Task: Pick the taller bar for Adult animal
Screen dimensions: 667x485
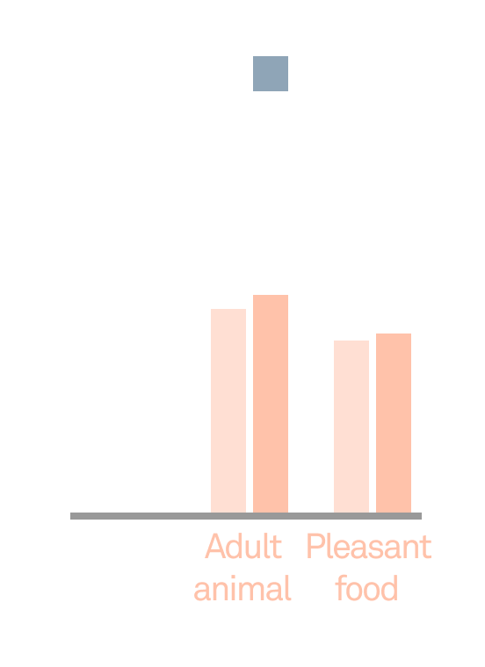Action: [271, 404]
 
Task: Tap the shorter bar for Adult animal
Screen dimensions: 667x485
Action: [228, 411]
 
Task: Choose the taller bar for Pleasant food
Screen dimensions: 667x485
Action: [394, 423]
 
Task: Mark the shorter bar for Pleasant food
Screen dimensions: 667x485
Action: [351, 427]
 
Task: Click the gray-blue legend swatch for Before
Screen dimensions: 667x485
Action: [271, 74]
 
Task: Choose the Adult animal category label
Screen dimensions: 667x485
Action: [242, 568]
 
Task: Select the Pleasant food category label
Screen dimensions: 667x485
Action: [368, 568]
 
